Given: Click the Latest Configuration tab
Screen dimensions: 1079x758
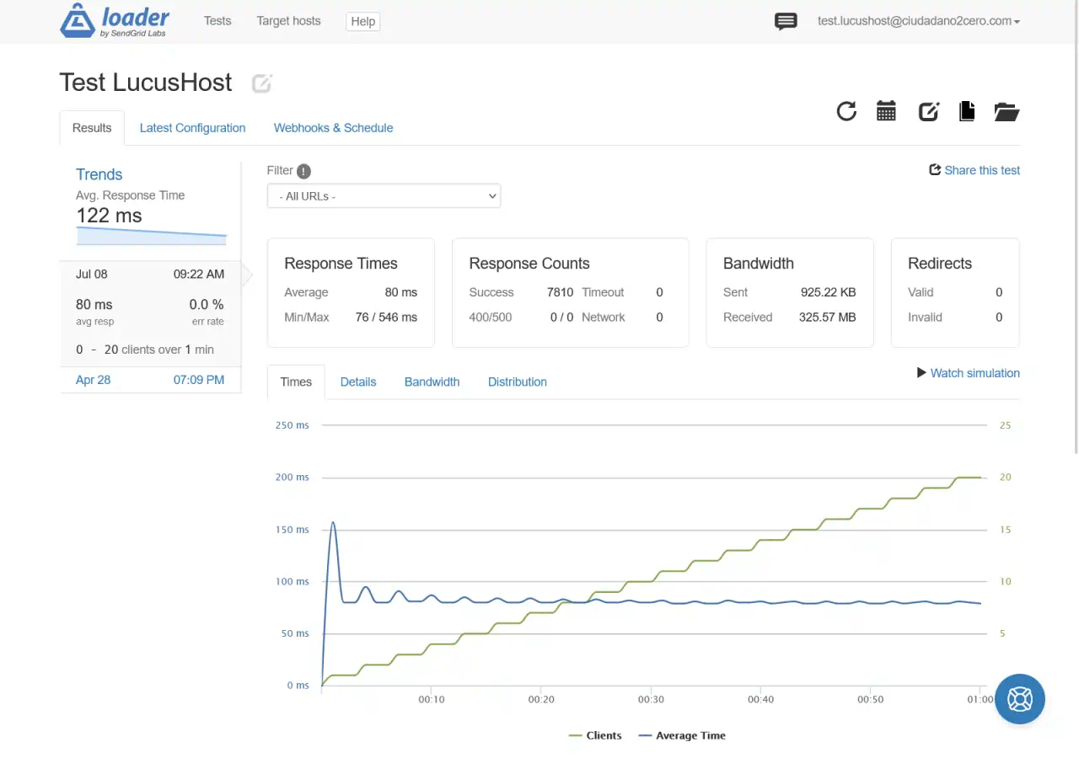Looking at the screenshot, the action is coord(192,128).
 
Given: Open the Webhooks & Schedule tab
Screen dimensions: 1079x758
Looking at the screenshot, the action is coord(333,128).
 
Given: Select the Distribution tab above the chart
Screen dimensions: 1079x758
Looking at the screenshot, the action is coord(518,382).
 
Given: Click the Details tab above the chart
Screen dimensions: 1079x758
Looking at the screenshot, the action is coord(358,382).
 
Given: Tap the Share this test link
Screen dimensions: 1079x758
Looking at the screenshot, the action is coord(974,170).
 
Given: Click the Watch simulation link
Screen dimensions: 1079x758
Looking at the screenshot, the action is coord(969,373).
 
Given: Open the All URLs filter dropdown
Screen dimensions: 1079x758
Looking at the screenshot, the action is coord(384,196).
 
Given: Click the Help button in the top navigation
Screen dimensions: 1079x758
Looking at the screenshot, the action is coord(362,21).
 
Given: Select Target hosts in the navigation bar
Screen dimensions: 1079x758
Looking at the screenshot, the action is coord(288,21).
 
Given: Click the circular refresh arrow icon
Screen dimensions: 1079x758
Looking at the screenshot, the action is coord(846,111).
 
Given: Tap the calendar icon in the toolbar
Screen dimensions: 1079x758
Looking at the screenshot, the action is coord(886,111).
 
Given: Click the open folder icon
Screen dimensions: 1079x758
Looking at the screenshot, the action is coord(1007,112).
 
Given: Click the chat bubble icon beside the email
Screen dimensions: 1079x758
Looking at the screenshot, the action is coord(786,22).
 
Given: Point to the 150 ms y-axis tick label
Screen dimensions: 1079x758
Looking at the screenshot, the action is coord(292,530).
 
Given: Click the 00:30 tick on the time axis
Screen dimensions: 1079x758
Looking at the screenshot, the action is coord(651,699).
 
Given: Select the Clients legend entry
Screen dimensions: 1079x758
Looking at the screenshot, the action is coord(595,735).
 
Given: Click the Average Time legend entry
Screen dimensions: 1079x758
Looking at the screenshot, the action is coord(682,735).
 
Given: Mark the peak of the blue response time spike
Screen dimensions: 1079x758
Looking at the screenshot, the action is coord(333,522).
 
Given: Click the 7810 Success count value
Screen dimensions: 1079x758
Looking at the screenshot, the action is coord(560,292).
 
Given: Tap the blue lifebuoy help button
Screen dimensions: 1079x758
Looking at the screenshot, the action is coord(1020,699).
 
